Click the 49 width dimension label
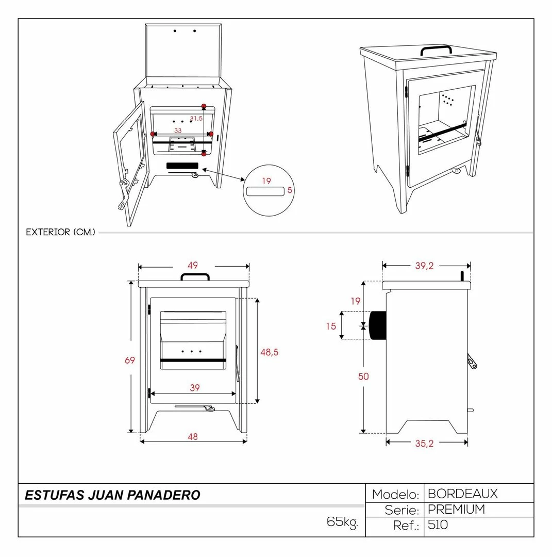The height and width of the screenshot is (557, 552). click(193, 266)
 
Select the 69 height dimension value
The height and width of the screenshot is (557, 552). click(130, 360)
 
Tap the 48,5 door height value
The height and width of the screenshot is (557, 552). click(270, 352)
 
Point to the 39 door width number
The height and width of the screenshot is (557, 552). click(194, 387)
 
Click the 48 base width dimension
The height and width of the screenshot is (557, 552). click(193, 437)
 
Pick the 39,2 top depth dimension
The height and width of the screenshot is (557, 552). click(425, 266)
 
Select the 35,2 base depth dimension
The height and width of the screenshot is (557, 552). click(425, 444)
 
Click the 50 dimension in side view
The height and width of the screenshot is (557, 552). click(363, 376)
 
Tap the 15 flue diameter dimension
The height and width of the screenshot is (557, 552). click(331, 326)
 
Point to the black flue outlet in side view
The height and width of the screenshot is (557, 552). click(378, 325)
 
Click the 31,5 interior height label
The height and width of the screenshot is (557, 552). click(196, 118)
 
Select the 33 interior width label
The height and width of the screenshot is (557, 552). click(178, 130)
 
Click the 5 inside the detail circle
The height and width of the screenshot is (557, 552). click(290, 190)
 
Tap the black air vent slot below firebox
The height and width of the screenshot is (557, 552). click(182, 166)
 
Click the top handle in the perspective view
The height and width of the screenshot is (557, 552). click(436, 50)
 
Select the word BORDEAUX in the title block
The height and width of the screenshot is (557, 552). click(462, 494)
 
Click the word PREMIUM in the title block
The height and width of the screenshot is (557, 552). click(457, 510)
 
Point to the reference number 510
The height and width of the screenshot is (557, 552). click(438, 525)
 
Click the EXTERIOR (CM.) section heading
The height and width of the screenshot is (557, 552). click(61, 232)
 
